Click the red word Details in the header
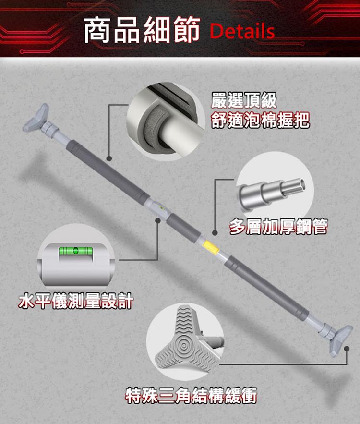pos(242,31)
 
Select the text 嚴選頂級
pos(244,100)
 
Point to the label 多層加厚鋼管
pos(278,226)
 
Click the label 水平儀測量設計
pos(76,301)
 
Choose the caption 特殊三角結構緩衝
pos(191,395)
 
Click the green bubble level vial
pos(76,250)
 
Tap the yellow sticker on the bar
pos(210,247)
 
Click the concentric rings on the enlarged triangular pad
pos(184,345)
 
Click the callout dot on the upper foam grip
pos(109,158)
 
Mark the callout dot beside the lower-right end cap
pos(347,349)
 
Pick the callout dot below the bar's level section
pos(158,221)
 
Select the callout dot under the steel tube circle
pos(215,232)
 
